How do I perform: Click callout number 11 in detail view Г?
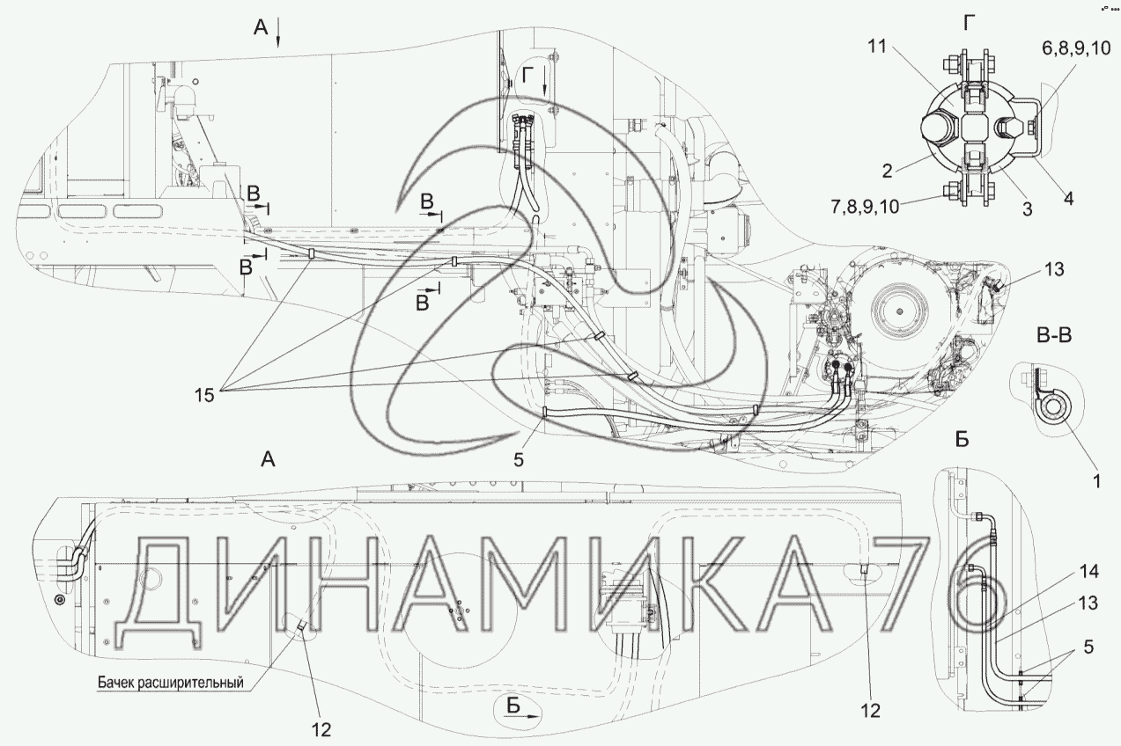click(x=877, y=47)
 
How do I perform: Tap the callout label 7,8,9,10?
click(x=866, y=207)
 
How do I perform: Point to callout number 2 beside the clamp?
click(x=888, y=171)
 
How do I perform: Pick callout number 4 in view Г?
click(x=1068, y=199)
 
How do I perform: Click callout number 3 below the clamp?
click(x=1027, y=209)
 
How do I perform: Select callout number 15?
click(x=204, y=396)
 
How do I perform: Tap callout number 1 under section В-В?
click(x=1096, y=481)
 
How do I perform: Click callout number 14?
click(x=1088, y=572)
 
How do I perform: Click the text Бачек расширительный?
click(x=171, y=682)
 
